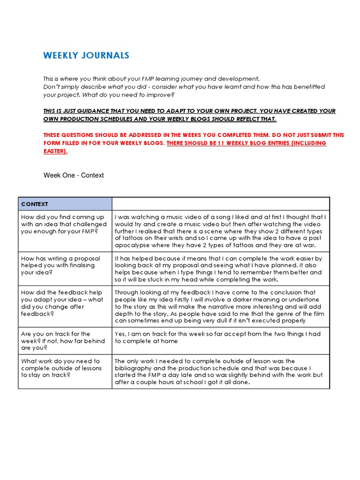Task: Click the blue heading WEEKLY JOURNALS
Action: coord(86,56)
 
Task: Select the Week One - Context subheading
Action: coord(74,175)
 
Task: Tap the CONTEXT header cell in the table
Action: coord(35,204)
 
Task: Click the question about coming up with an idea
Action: coord(63,224)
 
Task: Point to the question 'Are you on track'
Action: coord(63,341)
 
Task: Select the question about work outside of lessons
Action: coord(61,368)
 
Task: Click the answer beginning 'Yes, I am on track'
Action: coord(217,337)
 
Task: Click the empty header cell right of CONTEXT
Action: coord(220,204)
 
